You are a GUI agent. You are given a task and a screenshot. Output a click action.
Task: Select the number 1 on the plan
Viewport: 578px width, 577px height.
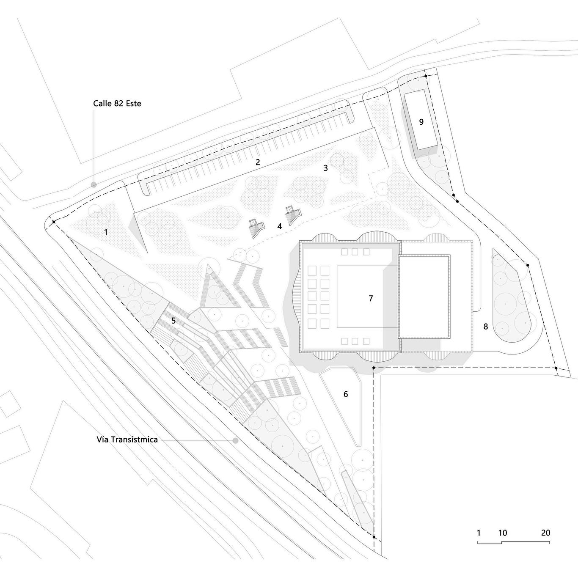(x=106, y=232)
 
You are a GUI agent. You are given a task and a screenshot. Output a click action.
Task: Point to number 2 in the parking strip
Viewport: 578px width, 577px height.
(x=258, y=162)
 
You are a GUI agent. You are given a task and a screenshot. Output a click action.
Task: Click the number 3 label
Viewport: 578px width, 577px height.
(x=325, y=168)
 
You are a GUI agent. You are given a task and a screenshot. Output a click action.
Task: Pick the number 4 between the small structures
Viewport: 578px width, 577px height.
(x=279, y=226)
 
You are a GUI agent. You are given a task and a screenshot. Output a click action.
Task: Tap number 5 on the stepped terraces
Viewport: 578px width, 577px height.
(x=173, y=321)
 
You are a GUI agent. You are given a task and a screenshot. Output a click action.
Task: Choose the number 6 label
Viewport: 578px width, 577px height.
(x=346, y=395)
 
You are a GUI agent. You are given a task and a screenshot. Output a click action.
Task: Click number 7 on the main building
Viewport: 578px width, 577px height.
(x=371, y=299)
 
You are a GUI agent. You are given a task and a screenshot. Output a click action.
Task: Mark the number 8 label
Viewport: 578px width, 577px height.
(x=486, y=327)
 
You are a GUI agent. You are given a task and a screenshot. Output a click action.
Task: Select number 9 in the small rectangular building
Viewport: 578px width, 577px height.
(x=421, y=122)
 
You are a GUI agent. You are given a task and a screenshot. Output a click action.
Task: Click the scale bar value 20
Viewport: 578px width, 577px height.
(x=545, y=533)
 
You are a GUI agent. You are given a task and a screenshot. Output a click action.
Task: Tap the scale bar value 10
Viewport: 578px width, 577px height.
(x=502, y=533)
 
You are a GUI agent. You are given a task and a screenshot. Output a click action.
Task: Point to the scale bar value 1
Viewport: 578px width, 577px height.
(x=479, y=533)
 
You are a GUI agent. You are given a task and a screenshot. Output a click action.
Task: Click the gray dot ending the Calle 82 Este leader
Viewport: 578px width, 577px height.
(x=94, y=184)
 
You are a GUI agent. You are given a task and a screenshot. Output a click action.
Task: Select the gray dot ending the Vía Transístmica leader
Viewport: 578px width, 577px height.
(x=235, y=440)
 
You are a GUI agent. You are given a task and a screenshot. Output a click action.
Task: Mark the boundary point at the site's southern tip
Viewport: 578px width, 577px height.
(x=374, y=537)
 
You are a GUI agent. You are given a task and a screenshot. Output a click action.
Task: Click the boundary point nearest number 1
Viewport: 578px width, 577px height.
(x=54, y=222)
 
